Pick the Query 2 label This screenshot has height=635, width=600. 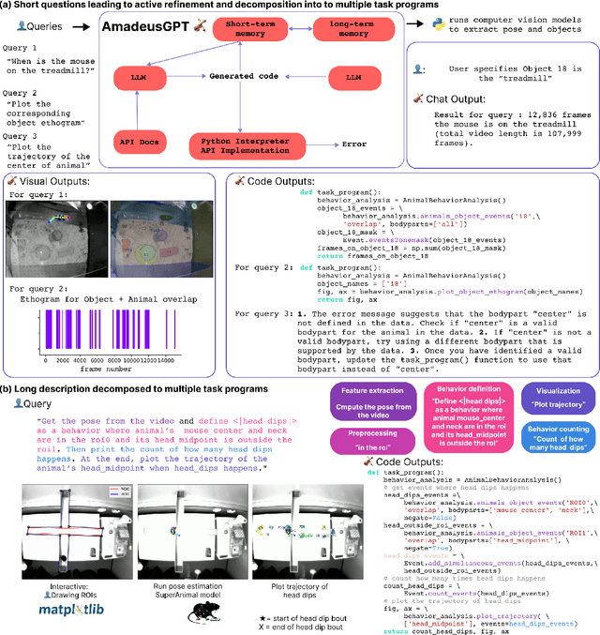pyautogui.click(x=22, y=92)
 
